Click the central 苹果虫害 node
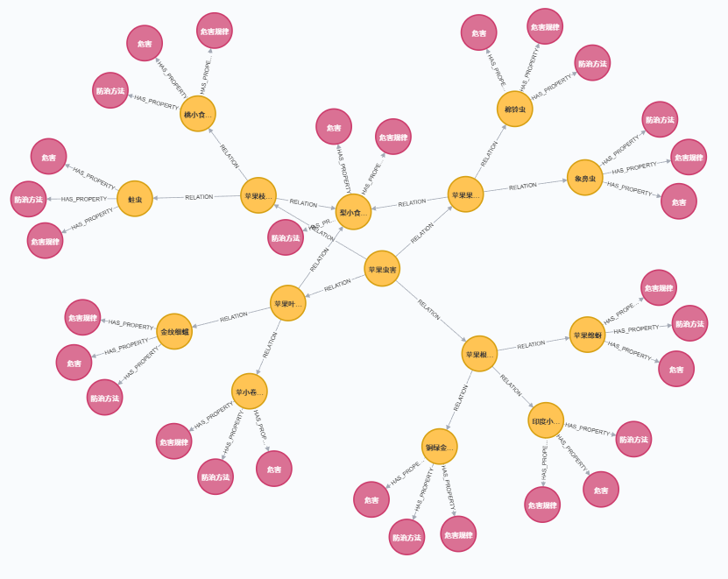tap(382, 269)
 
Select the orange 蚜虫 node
tap(135, 199)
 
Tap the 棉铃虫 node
tap(514, 109)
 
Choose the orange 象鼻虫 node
tap(585, 178)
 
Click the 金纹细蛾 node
tap(174, 332)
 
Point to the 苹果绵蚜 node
tap(587, 335)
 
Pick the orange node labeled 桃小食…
tap(198, 114)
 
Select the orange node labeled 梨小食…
tap(354, 212)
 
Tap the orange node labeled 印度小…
tap(546, 420)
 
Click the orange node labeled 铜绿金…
tap(439, 447)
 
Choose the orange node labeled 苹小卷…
tap(250, 392)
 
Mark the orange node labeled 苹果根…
tap(479, 354)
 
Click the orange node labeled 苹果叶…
tap(287, 304)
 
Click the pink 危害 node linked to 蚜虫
tap(48, 157)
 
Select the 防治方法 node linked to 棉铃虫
tap(592, 63)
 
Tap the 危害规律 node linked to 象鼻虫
tap(689, 158)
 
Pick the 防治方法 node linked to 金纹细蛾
tap(104, 398)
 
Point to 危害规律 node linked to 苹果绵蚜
tap(659, 288)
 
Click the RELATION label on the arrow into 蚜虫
tap(199, 197)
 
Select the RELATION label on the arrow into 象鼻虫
tap(523, 186)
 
